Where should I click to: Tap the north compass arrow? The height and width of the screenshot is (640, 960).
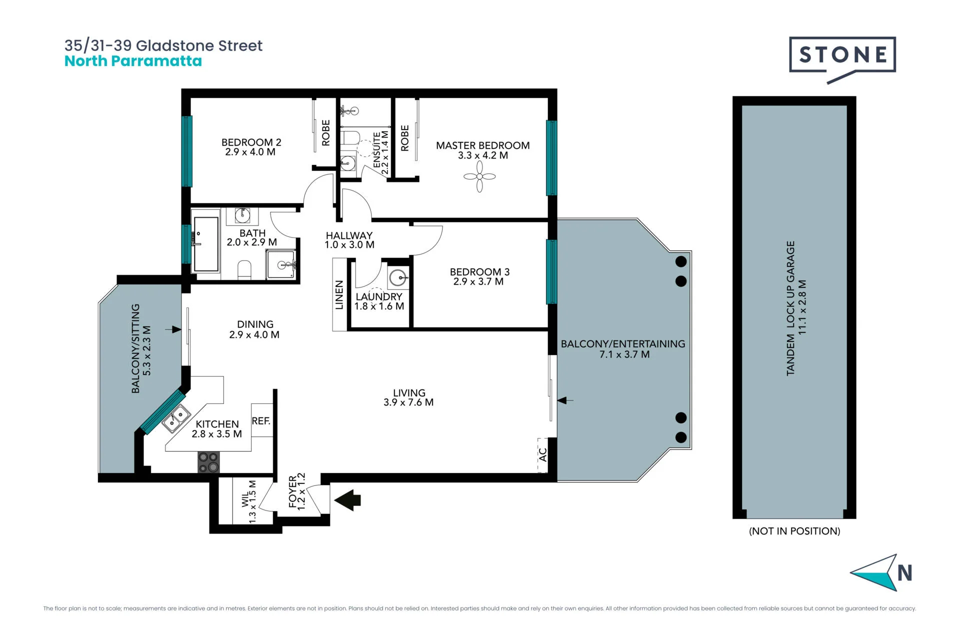pos(874,572)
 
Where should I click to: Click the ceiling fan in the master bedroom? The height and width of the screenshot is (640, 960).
pos(479,176)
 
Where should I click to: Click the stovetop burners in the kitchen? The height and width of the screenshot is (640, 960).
pos(208,462)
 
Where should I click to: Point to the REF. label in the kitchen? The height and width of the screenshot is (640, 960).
pos(261,421)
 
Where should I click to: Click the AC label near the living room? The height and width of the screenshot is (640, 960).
pos(543,454)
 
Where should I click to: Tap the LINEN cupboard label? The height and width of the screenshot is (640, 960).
pos(339,294)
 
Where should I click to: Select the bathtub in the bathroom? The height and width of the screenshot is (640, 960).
pos(206,244)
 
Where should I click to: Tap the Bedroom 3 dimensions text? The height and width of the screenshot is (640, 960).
pos(478,281)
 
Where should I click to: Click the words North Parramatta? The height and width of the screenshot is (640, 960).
pos(133,61)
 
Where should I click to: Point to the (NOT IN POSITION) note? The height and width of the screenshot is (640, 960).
pos(794,531)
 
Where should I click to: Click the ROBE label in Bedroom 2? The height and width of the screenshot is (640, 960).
pos(326,132)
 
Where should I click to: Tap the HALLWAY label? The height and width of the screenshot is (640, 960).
pos(349,235)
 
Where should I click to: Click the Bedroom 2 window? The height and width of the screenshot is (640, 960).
pos(186,151)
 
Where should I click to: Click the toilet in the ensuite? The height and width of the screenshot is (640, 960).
pos(350,137)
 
